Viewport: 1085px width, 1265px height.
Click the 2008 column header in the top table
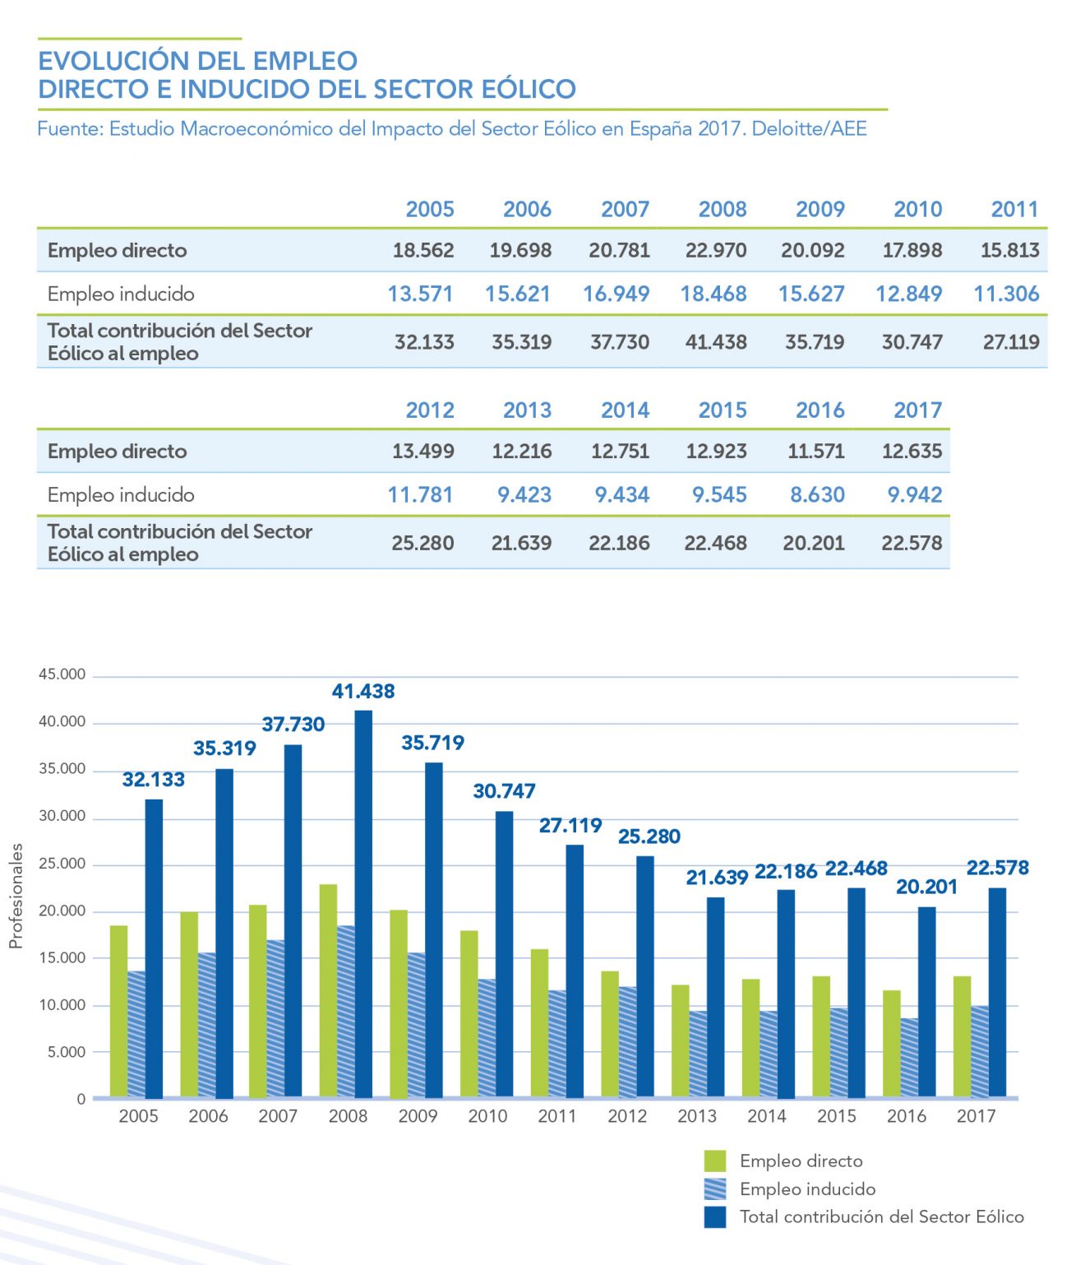click(x=722, y=209)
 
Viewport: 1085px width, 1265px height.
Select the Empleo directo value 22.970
click(x=715, y=250)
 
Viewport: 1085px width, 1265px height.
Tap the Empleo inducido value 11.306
click(x=1006, y=294)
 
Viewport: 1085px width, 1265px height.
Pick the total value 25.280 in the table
click(x=422, y=543)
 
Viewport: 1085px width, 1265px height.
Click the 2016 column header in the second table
click(x=820, y=410)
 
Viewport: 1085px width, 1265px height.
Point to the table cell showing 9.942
click(x=914, y=494)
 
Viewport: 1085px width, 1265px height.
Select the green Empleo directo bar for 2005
click(x=119, y=1011)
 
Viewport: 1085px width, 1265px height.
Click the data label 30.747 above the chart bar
click(x=504, y=791)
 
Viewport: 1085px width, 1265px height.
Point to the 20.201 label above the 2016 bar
click(x=926, y=887)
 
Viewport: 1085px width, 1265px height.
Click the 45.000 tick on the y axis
click(x=62, y=674)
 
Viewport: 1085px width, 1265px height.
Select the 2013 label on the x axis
click(x=697, y=1116)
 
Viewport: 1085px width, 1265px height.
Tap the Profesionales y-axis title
click(x=16, y=896)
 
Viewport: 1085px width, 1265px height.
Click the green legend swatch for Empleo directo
click(x=715, y=1161)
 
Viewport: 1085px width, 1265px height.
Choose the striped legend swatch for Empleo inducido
click(x=715, y=1189)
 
